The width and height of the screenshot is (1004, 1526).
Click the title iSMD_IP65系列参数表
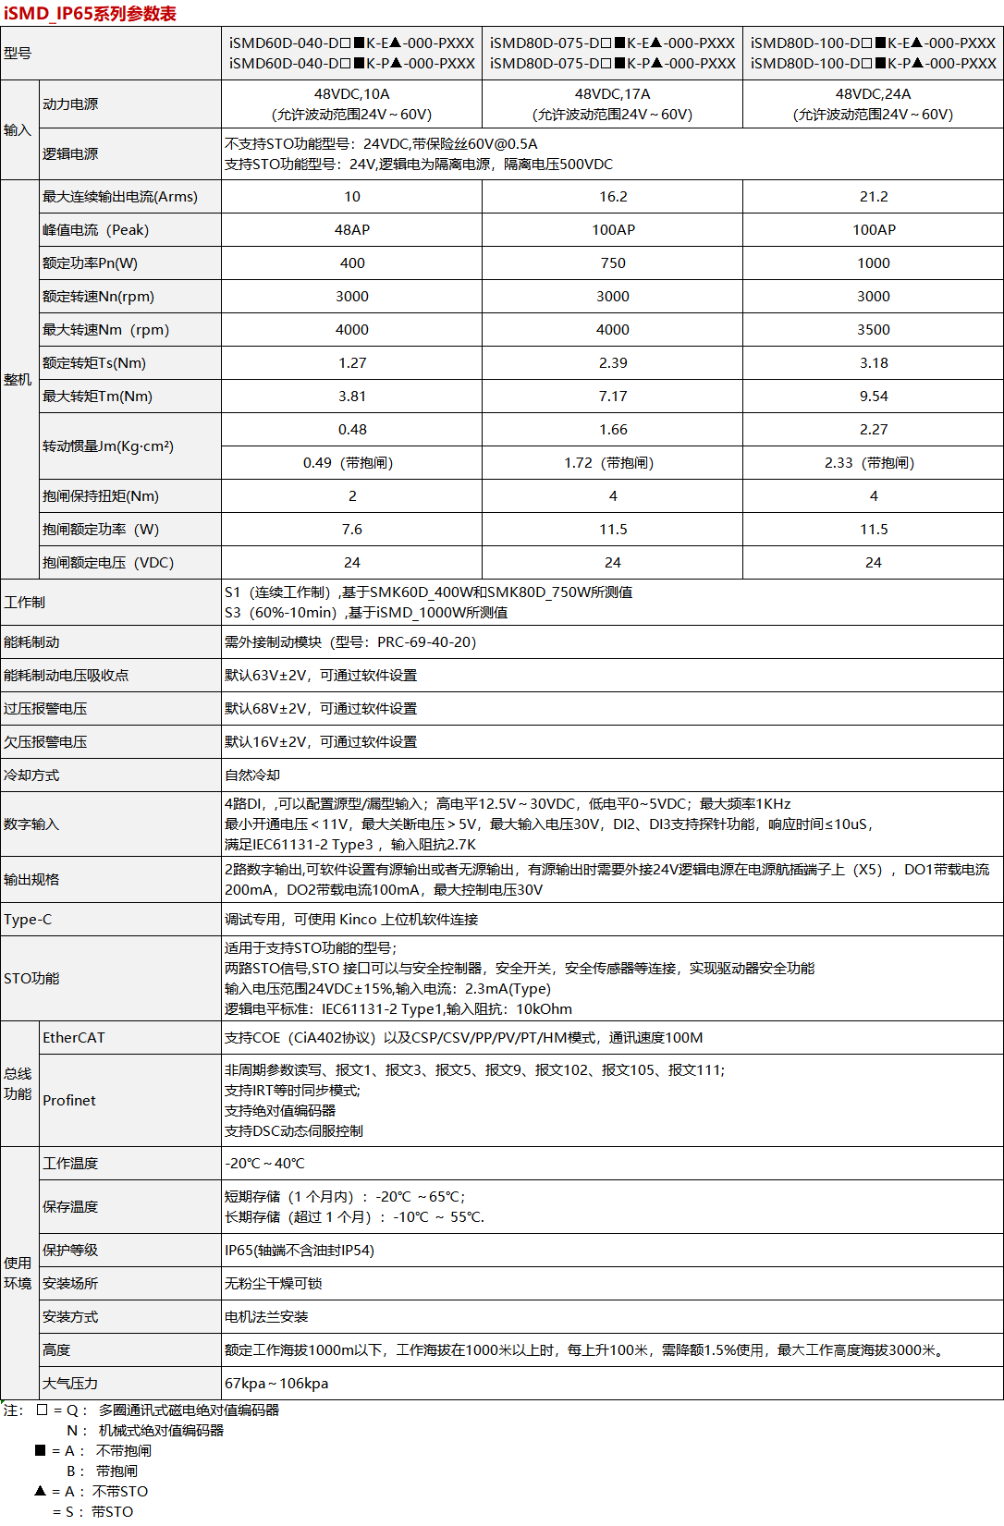coord(90,14)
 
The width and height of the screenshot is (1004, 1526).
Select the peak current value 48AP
coord(351,230)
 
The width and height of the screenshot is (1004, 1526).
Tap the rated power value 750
coord(612,263)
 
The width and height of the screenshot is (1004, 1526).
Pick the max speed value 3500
coord(873,330)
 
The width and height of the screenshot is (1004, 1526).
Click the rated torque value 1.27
coord(351,363)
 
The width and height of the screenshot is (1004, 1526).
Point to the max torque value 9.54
coord(873,397)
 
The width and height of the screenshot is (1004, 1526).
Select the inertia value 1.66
coord(612,430)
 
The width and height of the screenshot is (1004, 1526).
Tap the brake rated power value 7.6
coord(351,530)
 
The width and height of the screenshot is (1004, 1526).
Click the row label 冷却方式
coord(31,775)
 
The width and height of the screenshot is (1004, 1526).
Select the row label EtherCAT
coord(74,1038)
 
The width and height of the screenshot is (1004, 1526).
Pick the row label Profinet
coord(69,1101)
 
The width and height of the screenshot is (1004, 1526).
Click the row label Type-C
coord(28,920)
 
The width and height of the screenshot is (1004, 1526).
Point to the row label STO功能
coord(31,979)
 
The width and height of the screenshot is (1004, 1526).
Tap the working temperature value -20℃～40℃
coord(264,1164)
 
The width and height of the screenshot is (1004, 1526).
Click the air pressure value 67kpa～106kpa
coord(276,1384)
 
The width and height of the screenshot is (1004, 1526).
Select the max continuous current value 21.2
coord(873,197)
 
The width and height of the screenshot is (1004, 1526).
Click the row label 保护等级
coord(70,1251)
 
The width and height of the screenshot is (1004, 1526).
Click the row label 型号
coord(18,54)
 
